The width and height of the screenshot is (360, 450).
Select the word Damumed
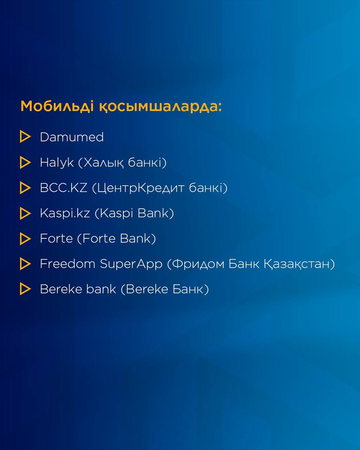[72, 137]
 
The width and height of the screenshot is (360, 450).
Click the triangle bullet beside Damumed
[25, 136]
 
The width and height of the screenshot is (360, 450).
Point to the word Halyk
[57, 163]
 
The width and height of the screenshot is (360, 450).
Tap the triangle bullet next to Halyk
[25, 162]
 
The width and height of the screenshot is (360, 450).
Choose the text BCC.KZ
[64, 188]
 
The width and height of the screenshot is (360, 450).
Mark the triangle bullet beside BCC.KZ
[25, 188]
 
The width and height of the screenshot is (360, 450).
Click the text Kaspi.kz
[65, 213]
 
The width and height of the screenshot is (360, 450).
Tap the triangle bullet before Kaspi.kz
[25, 213]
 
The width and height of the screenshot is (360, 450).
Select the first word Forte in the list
[56, 238]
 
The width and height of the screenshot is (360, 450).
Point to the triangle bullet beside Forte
[25, 239]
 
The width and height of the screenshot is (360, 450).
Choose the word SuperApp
[131, 264]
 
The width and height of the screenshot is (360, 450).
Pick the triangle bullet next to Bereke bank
[25, 289]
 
